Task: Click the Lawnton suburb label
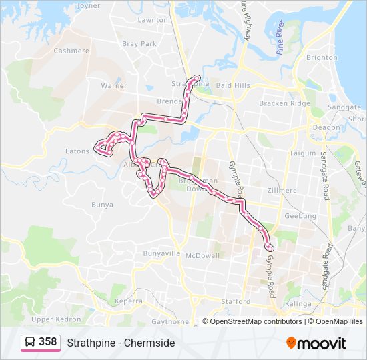click(153, 20)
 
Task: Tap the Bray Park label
click(139, 44)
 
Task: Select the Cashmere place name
click(71, 51)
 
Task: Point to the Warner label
click(113, 86)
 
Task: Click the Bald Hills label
click(233, 86)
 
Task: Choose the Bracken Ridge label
click(285, 103)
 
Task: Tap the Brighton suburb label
click(322, 57)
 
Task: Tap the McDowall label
click(202, 255)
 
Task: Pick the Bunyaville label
click(162, 254)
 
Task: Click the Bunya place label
click(101, 204)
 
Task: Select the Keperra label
click(129, 301)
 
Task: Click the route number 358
click(47, 342)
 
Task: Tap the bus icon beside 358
click(30, 343)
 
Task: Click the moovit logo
click(316, 343)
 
